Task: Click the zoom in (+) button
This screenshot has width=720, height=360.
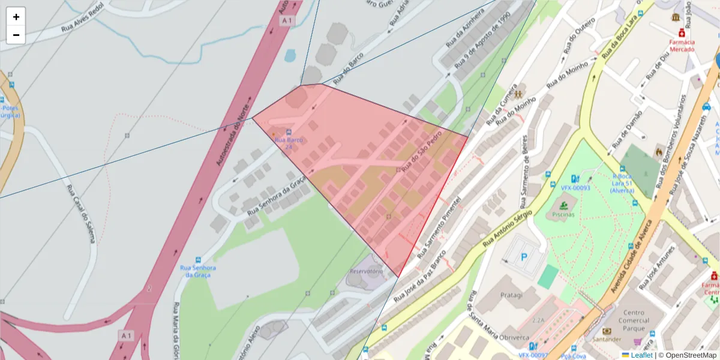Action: point(16,17)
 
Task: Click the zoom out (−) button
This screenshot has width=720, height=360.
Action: point(16,35)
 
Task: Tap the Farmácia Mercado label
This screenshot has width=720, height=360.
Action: point(682,46)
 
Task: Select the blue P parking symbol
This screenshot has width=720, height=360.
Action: point(524,257)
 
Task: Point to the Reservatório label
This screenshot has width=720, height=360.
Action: point(366,271)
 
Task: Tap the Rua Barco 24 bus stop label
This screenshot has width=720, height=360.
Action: point(289,143)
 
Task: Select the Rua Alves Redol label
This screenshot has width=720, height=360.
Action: point(82,17)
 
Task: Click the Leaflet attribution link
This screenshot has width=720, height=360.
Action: point(641,355)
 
